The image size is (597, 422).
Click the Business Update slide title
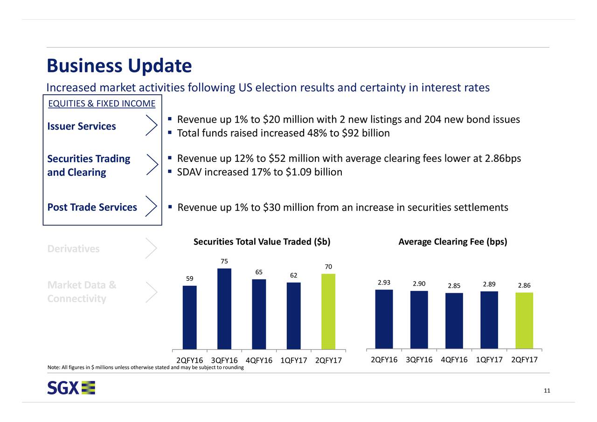pyautogui.click(x=119, y=66)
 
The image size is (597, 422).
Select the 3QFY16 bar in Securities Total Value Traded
pyautogui.click(x=224, y=308)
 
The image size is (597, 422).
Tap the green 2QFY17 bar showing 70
pyautogui.click(x=328, y=311)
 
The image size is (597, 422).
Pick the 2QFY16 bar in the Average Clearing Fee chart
pyautogui.click(x=384, y=319)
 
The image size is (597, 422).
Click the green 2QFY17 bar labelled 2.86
pyautogui.click(x=524, y=320)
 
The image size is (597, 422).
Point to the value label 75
pyautogui.click(x=224, y=261)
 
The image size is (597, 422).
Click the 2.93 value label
pyautogui.click(x=384, y=283)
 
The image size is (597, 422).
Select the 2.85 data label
pyautogui.click(x=454, y=286)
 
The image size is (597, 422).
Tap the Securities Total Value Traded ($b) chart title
pyautogui.click(x=262, y=242)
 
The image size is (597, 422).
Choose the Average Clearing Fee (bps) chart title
pyautogui.click(x=452, y=242)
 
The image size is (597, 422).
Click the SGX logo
pyautogui.click(x=71, y=388)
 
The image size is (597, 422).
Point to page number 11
pyautogui.click(x=547, y=391)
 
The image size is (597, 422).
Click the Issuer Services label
pyautogui.click(x=82, y=126)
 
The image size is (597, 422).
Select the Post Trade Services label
pyautogui.click(x=92, y=207)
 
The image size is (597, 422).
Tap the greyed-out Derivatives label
pyautogui.click(x=73, y=249)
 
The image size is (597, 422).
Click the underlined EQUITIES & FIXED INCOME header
pyautogui.click(x=102, y=103)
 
